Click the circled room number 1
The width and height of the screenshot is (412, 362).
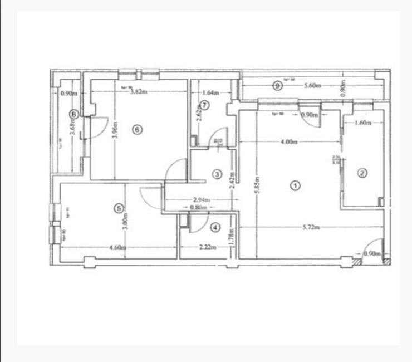point(296,184)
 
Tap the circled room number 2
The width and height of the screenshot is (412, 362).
point(362,173)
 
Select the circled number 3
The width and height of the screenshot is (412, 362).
point(217,174)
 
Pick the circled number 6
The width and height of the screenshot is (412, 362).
point(138,129)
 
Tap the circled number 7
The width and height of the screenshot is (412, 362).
point(205,105)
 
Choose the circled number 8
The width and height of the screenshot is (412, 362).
point(73,114)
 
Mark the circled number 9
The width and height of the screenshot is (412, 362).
point(277,85)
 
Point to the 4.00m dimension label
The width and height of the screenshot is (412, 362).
point(288,141)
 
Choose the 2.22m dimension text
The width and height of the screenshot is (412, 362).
point(206,247)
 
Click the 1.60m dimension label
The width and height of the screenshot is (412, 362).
point(362,123)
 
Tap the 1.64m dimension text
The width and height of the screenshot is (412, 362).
point(209,92)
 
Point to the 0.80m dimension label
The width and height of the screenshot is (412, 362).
point(198,207)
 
